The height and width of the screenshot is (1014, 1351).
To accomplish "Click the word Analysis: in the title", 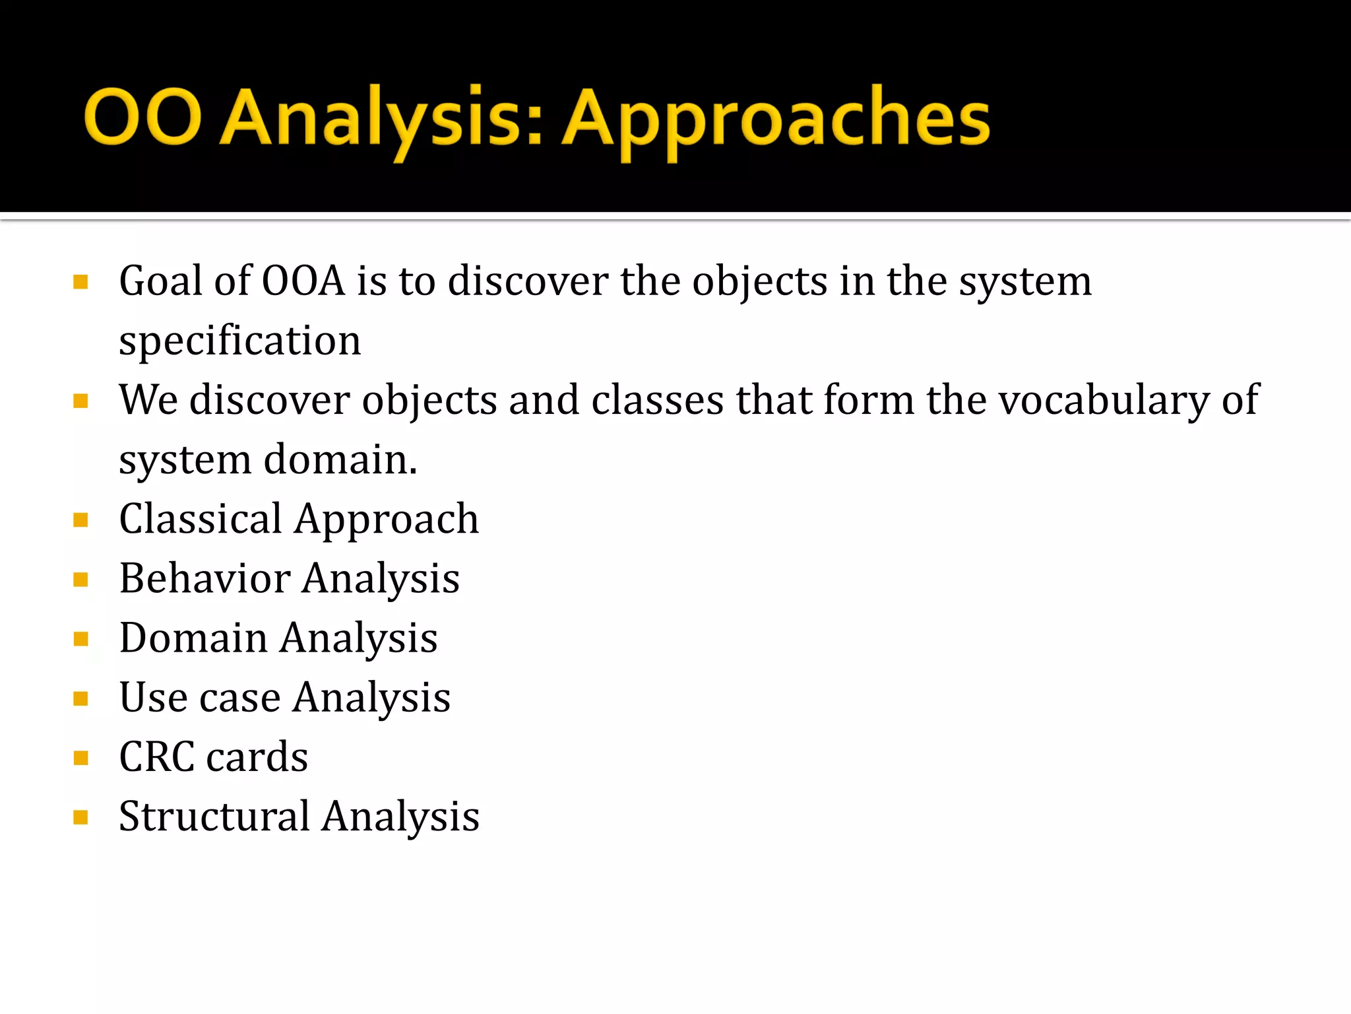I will [x=381, y=119].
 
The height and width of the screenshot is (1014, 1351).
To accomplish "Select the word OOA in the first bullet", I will [x=303, y=281].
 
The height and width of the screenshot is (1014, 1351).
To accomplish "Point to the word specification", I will [x=239, y=341].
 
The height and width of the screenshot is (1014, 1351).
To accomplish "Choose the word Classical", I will [x=201, y=519].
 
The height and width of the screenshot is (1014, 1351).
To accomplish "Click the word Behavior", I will [x=204, y=578].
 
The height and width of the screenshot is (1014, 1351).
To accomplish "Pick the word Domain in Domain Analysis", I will [x=193, y=638].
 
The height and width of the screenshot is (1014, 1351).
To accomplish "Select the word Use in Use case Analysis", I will [x=153, y=697].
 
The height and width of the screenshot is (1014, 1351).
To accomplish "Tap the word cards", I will [x=257, y=757].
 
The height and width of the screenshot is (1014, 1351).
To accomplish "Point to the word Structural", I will [x=214, y=817].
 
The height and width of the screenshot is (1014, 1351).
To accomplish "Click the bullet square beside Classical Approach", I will [x=81, y=520].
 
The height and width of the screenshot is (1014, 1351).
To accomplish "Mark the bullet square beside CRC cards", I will [x=81, y=758].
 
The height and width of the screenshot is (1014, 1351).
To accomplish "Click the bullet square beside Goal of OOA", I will [x=81, y=283].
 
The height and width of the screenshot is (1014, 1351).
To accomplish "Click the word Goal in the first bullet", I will [x=160, y=281].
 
